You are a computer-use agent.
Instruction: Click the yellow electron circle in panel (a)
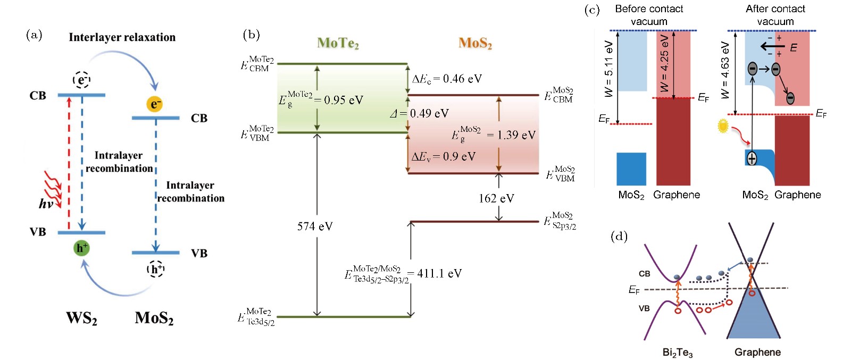154,104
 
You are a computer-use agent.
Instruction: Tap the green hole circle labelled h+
81,248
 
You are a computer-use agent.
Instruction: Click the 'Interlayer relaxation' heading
122,37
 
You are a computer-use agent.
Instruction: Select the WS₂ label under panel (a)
81,318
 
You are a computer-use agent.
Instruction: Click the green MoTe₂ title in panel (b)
338,43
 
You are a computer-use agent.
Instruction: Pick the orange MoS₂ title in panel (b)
475,43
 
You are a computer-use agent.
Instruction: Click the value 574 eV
315,227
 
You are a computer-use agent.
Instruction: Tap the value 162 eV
496,198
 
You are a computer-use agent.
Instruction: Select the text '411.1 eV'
439,273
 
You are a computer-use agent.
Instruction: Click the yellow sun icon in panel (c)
723,126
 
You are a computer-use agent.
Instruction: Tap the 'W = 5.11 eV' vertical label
609,69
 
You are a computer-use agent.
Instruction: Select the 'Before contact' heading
649,9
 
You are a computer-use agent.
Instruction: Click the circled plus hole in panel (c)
752,158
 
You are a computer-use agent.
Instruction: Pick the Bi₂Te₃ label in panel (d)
677,352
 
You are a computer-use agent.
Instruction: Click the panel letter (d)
619,236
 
